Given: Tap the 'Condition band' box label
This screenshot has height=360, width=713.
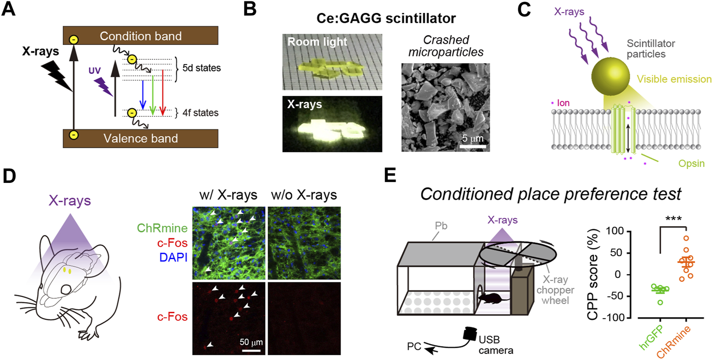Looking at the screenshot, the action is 140,36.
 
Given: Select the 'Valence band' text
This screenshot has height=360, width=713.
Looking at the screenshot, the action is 140,139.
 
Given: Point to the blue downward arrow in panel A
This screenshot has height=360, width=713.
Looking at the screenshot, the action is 143,95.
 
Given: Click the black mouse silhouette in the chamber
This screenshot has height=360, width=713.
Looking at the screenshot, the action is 493,299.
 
